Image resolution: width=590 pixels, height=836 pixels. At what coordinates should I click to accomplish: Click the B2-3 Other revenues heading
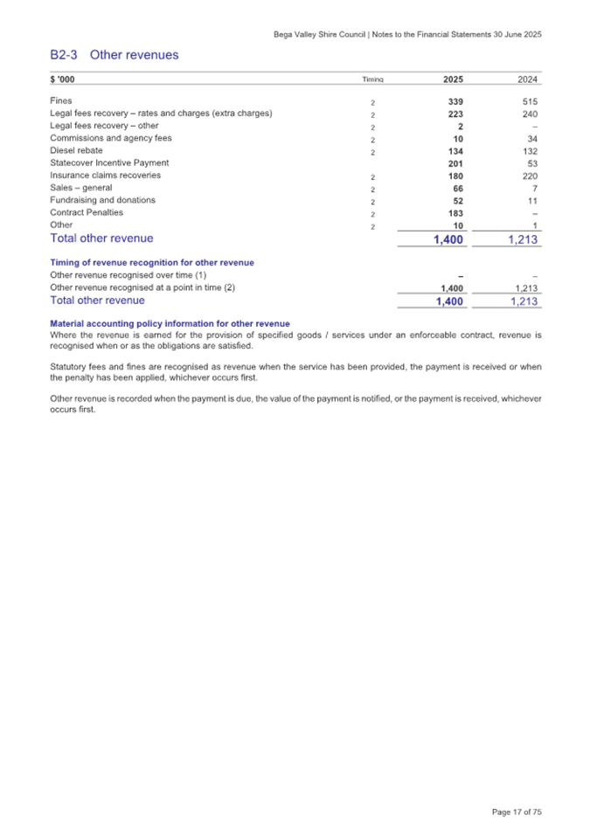point(115,55)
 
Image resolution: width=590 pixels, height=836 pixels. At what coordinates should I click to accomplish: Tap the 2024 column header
point(528,79)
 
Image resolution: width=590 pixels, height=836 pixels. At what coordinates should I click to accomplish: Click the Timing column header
point(373,79)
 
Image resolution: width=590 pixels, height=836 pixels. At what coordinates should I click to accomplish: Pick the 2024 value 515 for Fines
point(529,102)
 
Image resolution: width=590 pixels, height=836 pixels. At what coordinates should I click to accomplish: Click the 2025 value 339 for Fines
point(454,102)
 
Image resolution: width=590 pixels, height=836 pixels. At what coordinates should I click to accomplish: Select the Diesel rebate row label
point(76,150)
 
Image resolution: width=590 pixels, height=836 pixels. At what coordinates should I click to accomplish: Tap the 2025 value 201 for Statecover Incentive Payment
point(454,163)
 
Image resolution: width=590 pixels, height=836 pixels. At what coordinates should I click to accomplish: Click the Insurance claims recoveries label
point(105,175)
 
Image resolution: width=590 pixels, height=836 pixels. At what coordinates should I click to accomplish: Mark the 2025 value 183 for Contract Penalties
point(454,212)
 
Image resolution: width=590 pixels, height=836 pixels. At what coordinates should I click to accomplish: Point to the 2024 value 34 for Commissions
point(531,139)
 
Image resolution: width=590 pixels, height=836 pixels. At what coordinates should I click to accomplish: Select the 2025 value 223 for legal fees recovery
point(454,114)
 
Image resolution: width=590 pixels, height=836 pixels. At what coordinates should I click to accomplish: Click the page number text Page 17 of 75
point(517,812)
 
